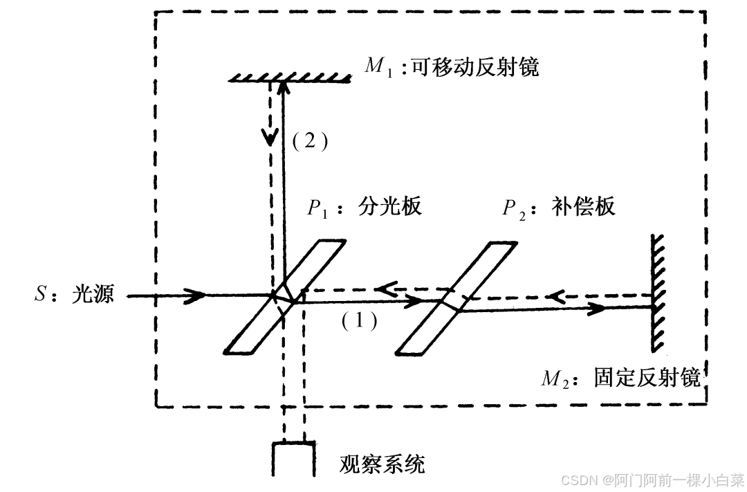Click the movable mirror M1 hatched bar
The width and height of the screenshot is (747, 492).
pyautogui.click(x=289, y=76)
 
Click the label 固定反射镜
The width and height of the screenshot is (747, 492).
pyautogui.click(x=647, y=378)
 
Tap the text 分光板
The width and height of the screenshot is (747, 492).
pyautogui.click(x=389, y=206)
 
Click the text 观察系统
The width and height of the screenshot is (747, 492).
pyautogui.click(x=382, y=463)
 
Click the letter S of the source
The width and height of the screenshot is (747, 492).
pyautogui.click(x=39, y=295)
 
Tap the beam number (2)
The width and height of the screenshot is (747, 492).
pyautogui.click(x=308, y=141)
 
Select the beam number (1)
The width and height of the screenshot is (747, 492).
pyautogui.click(x=360, y=320)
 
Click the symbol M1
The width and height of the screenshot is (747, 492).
pyautogui.click(x=378, y=67)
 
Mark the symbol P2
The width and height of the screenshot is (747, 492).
pyautogui.click(x=514, y=208)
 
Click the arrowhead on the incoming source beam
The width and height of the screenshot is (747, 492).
pyautogui.click(x=197, y=295)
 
